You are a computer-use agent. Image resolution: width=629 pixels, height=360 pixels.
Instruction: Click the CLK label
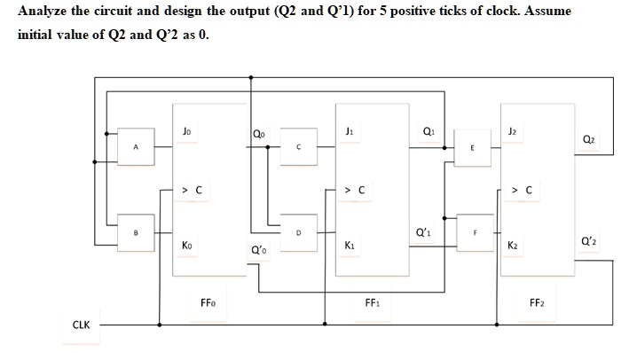click(82, 325)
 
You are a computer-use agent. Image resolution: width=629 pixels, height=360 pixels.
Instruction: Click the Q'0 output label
click(257, 249)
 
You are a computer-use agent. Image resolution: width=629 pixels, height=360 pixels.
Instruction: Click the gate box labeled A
click(135, 148)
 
